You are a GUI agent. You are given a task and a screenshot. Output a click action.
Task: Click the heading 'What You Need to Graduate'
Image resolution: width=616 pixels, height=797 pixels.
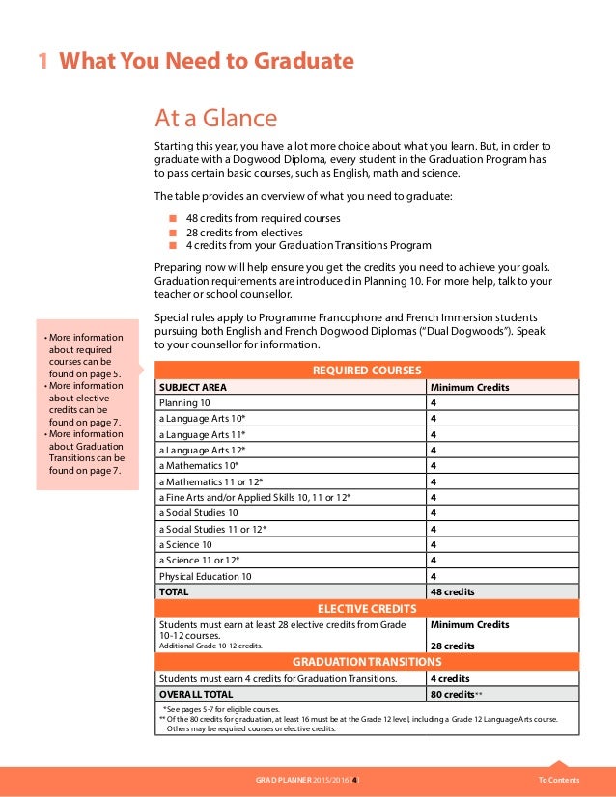(x=206, y=62)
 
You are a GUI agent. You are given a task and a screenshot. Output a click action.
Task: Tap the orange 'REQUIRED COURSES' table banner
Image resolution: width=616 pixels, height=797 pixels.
(x=367, y=371)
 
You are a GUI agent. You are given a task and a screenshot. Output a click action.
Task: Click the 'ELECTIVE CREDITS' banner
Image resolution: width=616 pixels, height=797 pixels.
(x=367, y=608)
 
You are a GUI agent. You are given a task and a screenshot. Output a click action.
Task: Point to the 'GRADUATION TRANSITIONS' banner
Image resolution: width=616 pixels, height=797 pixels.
(x=367, y=662)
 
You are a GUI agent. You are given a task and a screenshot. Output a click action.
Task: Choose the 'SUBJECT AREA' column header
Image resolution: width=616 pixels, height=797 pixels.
(x=193, y=387)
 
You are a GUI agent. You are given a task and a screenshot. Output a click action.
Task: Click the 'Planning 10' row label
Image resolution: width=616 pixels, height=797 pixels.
(x=184, y=403)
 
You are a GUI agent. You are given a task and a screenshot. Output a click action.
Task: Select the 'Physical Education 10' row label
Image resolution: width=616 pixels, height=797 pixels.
(x=205, y=576)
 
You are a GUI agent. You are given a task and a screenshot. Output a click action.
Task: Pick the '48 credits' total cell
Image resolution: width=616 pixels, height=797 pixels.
(x=453, y=591)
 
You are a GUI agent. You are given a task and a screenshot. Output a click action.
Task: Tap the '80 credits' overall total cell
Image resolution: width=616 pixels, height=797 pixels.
(x=453, y=694)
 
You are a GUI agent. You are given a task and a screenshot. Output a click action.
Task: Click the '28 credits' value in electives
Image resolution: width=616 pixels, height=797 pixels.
(x=452, y=646)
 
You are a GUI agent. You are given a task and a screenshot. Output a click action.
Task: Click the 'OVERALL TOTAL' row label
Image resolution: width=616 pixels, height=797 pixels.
(x=196, y=694)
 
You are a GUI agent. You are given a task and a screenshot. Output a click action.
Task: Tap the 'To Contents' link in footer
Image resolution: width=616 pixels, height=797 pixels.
(x=559, y=780)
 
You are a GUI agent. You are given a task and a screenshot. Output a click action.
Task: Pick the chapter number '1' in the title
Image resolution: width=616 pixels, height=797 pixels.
(x=42, y=62)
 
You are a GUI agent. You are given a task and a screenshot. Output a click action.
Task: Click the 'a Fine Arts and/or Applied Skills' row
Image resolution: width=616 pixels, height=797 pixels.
(x=254, y=497)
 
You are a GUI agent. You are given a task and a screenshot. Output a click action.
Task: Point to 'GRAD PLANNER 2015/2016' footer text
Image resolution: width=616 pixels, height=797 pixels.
(x=301, y=780)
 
